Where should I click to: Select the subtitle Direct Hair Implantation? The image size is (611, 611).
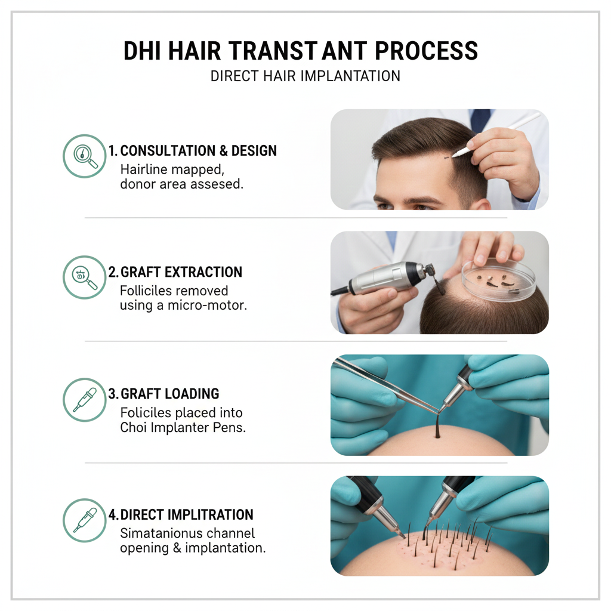point(305,76)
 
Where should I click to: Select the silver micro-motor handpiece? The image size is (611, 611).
point(388,277)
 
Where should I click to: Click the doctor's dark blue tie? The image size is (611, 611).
point(480,119)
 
